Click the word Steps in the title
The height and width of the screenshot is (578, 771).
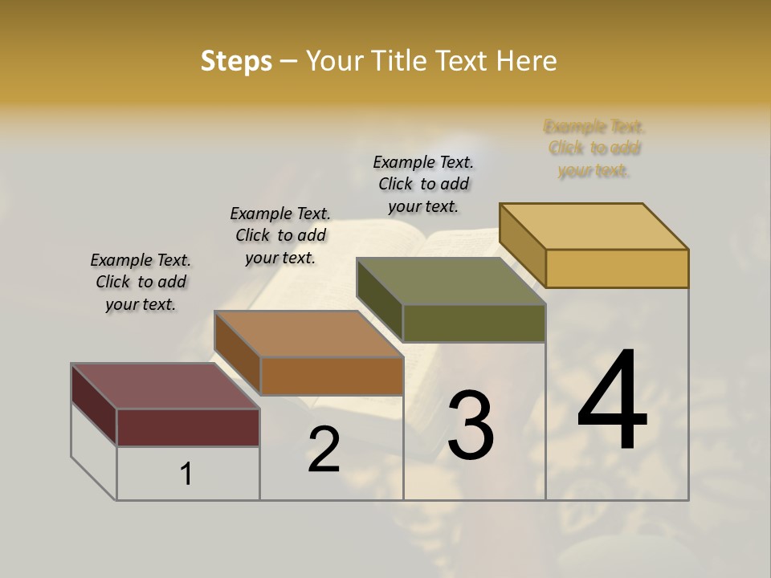[x=236, y=61]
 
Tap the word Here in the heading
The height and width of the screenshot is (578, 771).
[x=528, y=61]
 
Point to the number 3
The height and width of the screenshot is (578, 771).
[x=471, y=425]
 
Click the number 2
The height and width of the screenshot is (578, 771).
[x=324, y=450]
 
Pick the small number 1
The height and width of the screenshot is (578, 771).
[x=186, y=474]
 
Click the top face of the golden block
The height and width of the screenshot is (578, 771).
[x=594, y=226]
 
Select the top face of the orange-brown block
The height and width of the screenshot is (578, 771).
[x=309, y=334]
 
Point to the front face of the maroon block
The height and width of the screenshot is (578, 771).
[x=188, y=427]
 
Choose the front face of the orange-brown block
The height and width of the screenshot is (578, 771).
[x=332, y=376]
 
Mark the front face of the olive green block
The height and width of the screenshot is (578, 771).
[x=474, y=323]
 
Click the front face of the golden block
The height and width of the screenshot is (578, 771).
[x=617, y=268]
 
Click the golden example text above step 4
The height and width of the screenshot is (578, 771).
[x=594, y=149]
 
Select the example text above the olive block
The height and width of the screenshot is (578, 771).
[x=423, y=184]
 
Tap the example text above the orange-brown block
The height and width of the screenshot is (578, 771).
[x=280, y=235]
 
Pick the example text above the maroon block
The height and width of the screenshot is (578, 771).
[x=141, y=282]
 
